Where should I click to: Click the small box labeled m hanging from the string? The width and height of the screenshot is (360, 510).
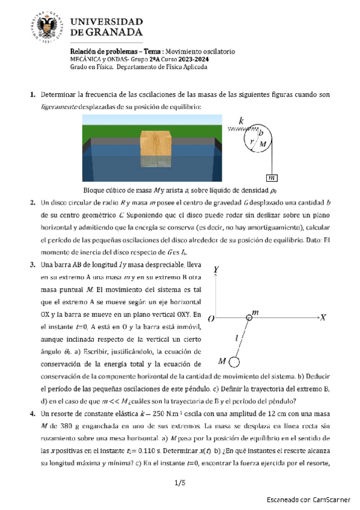[x=272, y=177]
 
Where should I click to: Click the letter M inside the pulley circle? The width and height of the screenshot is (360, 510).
[x=262, y=144]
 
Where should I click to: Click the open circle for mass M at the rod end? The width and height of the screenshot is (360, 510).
[x=234, y=361]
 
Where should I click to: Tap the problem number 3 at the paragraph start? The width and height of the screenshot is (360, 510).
[x=32, y=265]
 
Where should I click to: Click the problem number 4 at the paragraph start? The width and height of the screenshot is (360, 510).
[x=32, y=414]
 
